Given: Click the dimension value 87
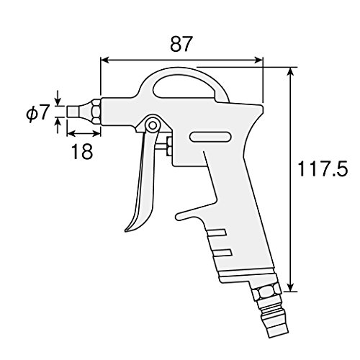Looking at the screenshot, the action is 181,44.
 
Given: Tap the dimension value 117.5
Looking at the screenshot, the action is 323,168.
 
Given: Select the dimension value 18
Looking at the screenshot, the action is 82,151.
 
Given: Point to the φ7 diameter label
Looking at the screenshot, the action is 38,112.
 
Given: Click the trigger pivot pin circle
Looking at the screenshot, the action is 153,125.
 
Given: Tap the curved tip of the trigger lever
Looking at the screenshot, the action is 127,230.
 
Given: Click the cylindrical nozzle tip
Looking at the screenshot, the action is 73,112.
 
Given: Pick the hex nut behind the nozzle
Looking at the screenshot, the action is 96,112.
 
